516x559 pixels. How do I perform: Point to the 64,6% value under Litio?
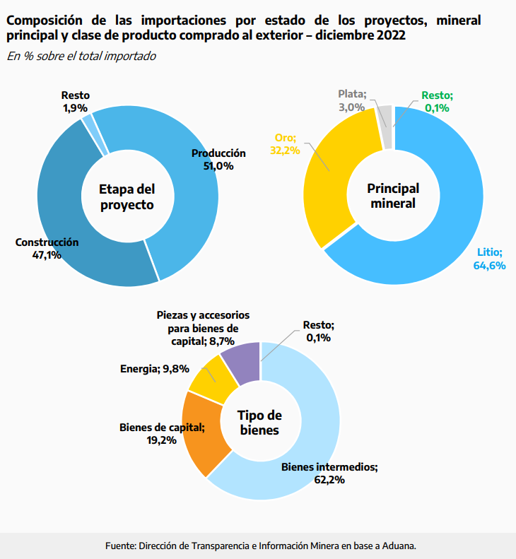click(489, 265)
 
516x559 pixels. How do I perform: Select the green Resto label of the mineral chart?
click(437, 95)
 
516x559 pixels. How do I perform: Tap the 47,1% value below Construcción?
click(47, 255)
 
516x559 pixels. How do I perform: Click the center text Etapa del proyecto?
click(127, 197)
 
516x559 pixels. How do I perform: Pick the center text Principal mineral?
click(393, 196)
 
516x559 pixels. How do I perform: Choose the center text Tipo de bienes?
click(259, 423)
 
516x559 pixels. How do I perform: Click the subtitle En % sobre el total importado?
click(81, 56)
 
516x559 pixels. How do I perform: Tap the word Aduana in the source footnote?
click(399, 546)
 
